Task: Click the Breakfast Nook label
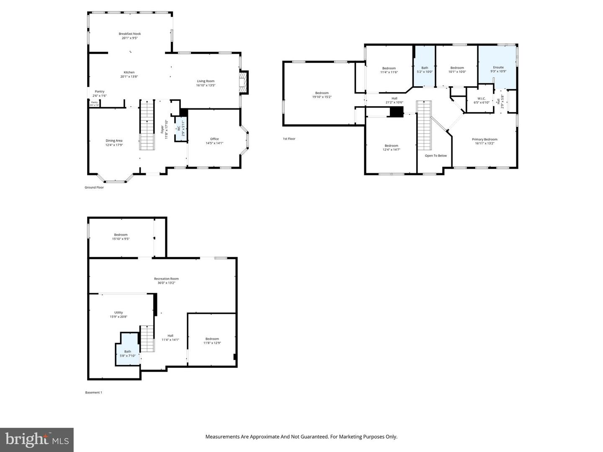tap(129, 33)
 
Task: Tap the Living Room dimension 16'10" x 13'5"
tap(206, 85)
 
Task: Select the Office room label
tap(214, 139)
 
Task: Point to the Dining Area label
tap(114, 141)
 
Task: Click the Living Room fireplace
tap(244, 81)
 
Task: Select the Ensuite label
tap(498, 67)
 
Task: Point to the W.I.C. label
tap(481, 99)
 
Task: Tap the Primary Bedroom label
tap(484, 139)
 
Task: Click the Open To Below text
tap(435, 156)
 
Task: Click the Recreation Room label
tap(166, 279)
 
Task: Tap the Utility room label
tap(119, 313)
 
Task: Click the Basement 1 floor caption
tap(93, 393)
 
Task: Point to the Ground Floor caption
tap(94, 187)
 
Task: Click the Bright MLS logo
tap(37, 439)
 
